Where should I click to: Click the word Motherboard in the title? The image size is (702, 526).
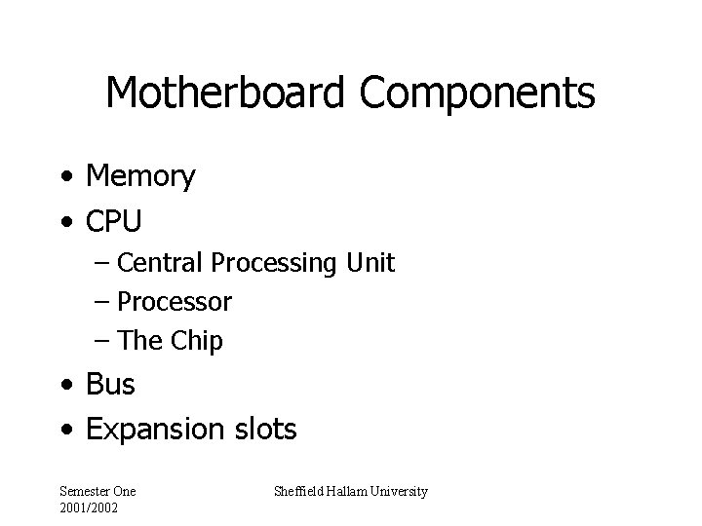(226, 94)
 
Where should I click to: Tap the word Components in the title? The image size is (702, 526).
(476, 94)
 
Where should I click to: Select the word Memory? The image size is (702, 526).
(140, 176)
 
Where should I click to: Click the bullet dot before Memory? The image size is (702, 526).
(63, 178)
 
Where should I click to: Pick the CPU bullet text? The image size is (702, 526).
(114, 222)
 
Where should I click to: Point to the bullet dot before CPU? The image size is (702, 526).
(63, 224)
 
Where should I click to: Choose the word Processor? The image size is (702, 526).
(175, 303)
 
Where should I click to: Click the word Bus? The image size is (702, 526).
(110, 385)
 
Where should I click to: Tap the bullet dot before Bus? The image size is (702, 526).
(63, 387)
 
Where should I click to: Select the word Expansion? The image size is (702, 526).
(156, 430)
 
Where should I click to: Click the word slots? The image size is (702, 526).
(264, 429)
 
